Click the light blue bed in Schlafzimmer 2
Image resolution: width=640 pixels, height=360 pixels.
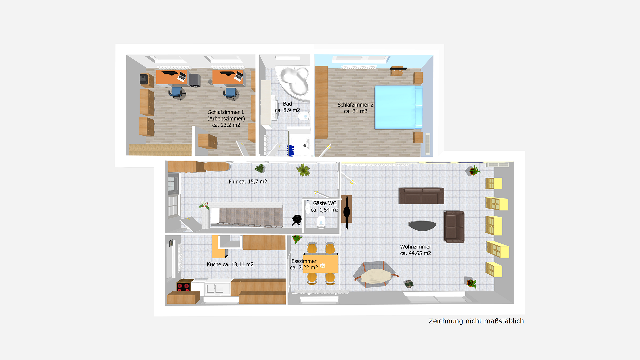(398, 107)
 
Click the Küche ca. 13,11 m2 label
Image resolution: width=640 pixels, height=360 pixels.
(230, 264)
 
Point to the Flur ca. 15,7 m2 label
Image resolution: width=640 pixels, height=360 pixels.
(248, 182)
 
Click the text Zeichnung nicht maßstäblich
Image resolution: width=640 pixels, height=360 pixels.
(476, 321)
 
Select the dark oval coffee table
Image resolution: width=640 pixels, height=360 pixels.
(422, 226)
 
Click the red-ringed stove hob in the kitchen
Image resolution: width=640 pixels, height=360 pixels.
(183, 286)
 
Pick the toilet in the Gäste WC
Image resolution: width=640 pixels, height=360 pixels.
(321, 221)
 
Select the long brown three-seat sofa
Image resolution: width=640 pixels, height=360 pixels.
(421, 196)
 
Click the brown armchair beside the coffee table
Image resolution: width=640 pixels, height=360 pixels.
(454, 227)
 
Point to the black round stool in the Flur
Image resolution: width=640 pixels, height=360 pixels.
(297, 219)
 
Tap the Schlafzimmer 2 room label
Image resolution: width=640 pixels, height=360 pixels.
(355, 108)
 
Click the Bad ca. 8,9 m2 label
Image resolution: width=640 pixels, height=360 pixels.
(287, 107)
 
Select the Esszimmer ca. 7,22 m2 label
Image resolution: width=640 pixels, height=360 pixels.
(304, 264)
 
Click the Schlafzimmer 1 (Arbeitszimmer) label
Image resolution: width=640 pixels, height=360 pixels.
(226, 118)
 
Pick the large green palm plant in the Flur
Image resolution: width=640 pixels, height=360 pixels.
(303, 170)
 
